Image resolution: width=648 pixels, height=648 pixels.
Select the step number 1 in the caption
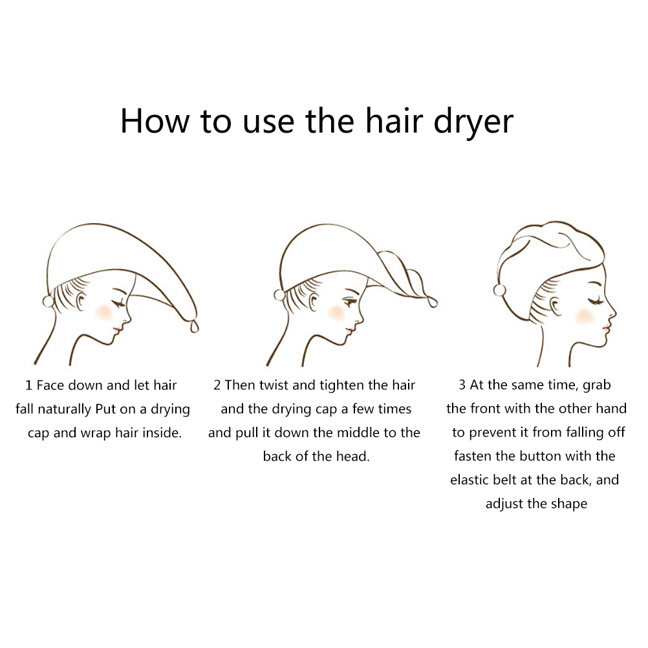pos(28,385)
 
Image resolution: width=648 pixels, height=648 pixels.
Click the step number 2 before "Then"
pos(217,385)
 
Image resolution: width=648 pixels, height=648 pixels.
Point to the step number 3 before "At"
pos(462,385)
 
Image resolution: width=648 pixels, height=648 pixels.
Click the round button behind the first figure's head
pos(49,301)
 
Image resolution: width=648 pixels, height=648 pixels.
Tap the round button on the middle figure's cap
pos(279,295)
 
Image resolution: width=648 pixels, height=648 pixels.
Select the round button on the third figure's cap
pos(499,290)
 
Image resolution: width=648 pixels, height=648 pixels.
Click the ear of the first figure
pos(81,301)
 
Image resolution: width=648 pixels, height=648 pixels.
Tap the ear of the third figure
pos(556,307)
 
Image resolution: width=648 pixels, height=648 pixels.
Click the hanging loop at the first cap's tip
pos(194,326)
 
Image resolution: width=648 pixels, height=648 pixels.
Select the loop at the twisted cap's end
pos(432,301)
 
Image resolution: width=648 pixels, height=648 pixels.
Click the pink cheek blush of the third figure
pos(585,316)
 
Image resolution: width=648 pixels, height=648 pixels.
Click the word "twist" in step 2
pos(274,385)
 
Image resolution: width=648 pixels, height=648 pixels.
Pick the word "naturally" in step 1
pos(65,409)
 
